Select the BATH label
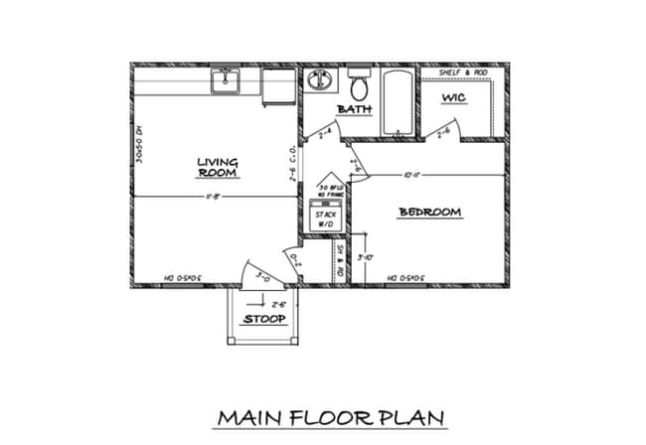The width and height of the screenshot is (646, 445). pyautogui.click(x=353, y=108)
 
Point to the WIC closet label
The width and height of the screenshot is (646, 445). pyautogui.click(x=453, y=98)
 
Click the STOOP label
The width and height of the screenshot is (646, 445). pyautogui.click(x=265, y=319)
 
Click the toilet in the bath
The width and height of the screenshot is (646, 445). pyautogui.click(x=361, y=78)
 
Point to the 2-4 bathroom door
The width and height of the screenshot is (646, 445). pyautogui.click(x=325, y=131)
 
